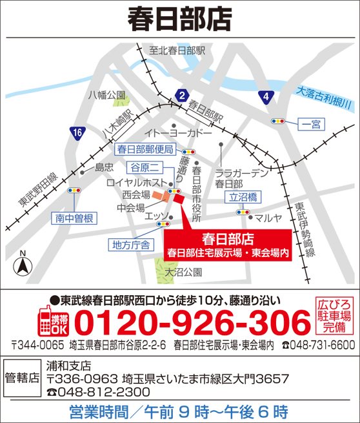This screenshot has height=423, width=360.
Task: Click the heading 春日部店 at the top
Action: coord(179,18)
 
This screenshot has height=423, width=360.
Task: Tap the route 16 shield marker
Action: coord(78,133)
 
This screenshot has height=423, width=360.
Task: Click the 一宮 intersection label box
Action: coord(311,123)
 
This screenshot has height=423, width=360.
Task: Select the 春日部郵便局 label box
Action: coord(145,149)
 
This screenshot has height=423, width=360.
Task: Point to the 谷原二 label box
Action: coord(145,167)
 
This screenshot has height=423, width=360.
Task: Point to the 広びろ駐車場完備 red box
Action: coord(335,316)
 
